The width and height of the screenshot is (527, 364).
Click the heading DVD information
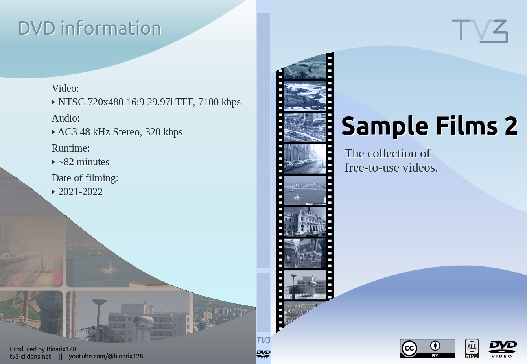pos(90,28)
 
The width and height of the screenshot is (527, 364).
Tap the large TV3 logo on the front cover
pos(480,31)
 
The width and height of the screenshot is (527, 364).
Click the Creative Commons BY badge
pos(427,349)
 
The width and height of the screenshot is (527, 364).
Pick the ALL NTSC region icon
pos(472,349)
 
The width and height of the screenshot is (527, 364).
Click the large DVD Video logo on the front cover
pos(503,349)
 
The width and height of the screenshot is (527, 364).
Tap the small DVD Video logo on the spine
pos(263,354)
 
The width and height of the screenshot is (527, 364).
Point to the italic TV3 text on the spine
pos(263,340)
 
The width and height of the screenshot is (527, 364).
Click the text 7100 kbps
pos(219,102)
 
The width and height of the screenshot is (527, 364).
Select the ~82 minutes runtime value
pos(84,162)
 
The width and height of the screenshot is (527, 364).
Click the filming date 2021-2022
pos(80,192)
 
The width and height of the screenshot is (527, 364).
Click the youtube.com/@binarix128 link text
pos(106,356)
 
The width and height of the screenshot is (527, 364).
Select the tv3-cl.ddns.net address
pos(30,357)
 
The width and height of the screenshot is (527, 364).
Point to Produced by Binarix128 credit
pos(43,349)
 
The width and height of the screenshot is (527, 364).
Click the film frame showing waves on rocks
pos(305,96)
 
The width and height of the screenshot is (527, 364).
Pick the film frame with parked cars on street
pos(305,159)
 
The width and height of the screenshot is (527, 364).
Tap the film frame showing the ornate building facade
pos(305,222)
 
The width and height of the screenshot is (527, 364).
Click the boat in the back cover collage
pos(109,268)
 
